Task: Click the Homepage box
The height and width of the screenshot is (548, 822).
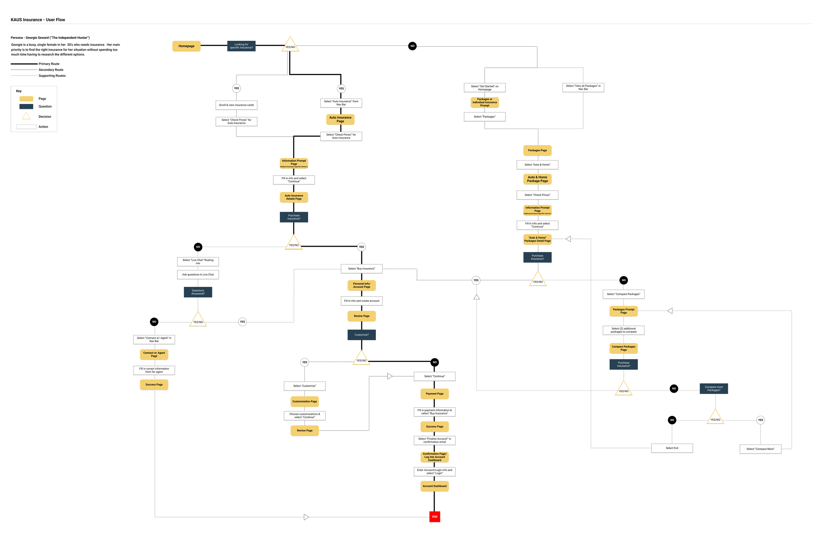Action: point(186,46)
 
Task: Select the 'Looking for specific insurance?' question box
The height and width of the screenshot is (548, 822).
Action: point(241,46)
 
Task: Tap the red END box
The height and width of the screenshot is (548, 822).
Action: point(434,516)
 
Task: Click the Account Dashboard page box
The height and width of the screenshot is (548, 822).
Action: point(434,486)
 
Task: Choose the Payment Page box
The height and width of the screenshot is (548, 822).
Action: point(434,393)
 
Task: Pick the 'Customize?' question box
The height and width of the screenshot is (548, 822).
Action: point(361,335)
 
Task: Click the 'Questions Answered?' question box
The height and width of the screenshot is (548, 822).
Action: point(198,292)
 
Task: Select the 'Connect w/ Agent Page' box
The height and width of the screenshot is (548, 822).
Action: point(154,354)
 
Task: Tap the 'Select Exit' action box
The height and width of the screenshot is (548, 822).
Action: point(671,448)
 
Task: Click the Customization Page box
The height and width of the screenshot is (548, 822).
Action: point(304,401)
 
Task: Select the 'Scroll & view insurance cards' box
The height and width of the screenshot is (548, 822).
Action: point(236,105)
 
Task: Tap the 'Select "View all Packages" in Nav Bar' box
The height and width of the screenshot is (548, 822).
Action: point(583,87)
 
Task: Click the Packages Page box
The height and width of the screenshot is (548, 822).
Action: point(537,150)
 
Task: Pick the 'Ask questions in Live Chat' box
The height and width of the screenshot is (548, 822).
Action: point(198,274)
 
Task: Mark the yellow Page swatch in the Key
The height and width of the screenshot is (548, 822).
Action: point(26,99)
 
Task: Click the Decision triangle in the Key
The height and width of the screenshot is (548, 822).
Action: point(26,116)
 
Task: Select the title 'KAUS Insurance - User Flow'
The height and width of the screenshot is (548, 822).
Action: point(38,20)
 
